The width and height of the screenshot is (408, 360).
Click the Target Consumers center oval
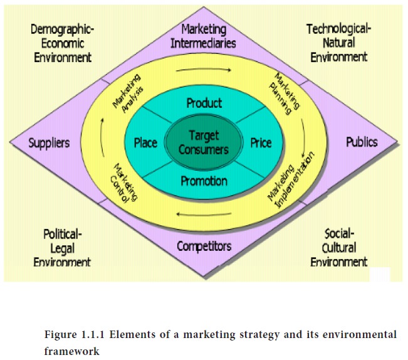[x=203, y=142]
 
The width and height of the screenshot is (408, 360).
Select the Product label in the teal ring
[x=204, y=103]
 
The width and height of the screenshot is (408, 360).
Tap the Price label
[x=261, y=143]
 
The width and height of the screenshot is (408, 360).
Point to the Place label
[x=145, y=143]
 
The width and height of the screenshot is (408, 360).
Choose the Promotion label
[x=203, y=182]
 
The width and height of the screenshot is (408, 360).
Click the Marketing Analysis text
[x=127, y=93]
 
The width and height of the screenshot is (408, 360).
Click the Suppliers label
[x=50, y=143]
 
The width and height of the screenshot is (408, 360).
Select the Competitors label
[x=204, y=246]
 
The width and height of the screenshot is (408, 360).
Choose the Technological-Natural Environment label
[x=338, y=43]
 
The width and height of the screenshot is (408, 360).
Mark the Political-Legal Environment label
[x=63, y=248]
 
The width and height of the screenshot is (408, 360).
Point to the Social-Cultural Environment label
[x=339, y=248]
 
